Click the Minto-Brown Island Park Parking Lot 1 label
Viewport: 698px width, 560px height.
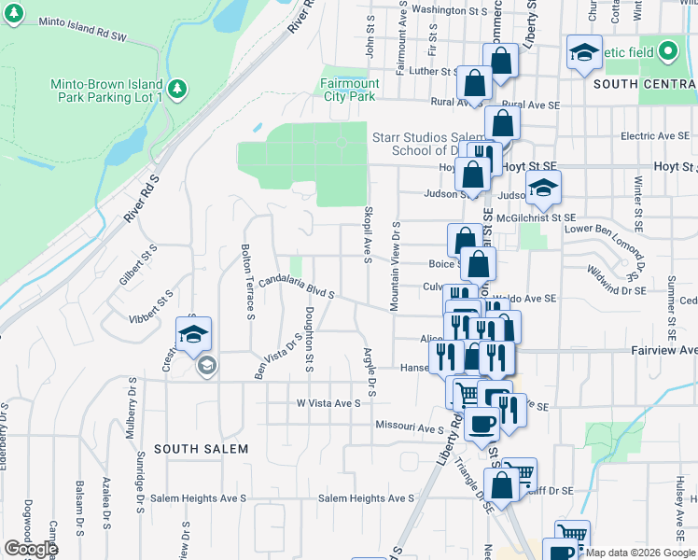107,90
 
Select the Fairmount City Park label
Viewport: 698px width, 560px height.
349,90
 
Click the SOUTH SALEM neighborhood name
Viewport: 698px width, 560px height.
201,449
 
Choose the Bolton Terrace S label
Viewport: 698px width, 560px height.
248,280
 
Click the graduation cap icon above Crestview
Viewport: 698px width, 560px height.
194,335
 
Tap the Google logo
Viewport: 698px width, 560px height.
31,549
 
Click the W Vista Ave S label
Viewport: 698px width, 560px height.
328,403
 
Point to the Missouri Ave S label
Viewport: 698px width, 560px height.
409,428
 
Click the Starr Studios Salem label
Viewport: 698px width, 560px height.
426,137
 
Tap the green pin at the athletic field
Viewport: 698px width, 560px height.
668,50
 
